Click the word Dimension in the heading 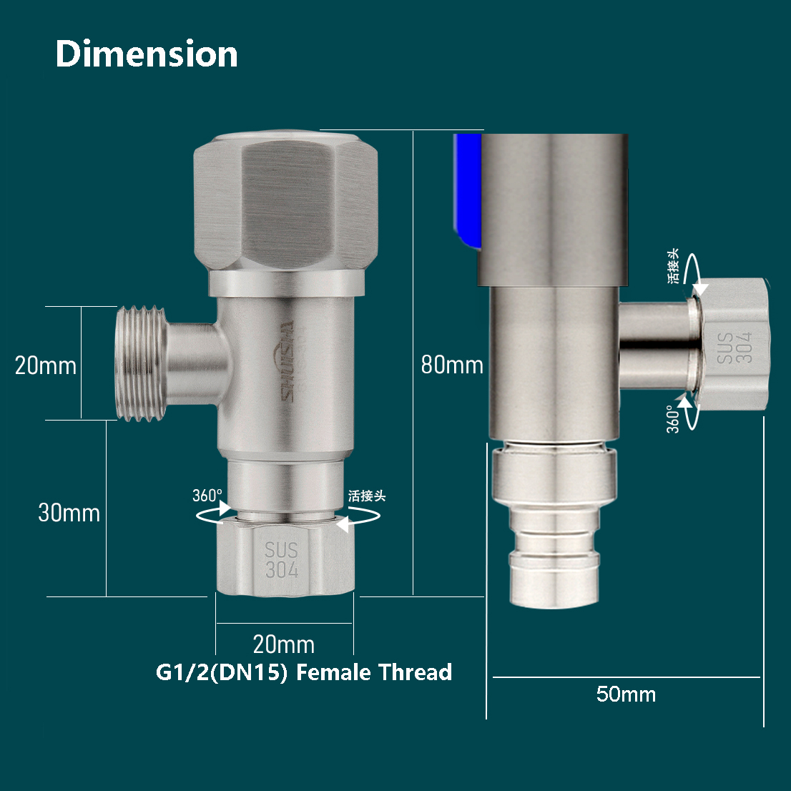click(147, 54)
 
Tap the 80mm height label click(451, 365)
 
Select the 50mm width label click(626, 694)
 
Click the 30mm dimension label click(69, 513)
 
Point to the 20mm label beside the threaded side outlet click(46, 365)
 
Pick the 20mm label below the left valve click(284, 644)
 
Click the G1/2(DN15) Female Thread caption click(304, 672)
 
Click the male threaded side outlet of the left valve click(141, 363)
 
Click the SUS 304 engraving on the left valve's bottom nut click(282, 560)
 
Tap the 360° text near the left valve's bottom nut click(207, 496)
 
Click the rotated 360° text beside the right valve click(673, 419)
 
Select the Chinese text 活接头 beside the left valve click(367, 496)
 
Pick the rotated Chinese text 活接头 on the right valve click(673, 266)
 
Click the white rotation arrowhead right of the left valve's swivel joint click(343, 524)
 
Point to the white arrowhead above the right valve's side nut click(700, 289)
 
